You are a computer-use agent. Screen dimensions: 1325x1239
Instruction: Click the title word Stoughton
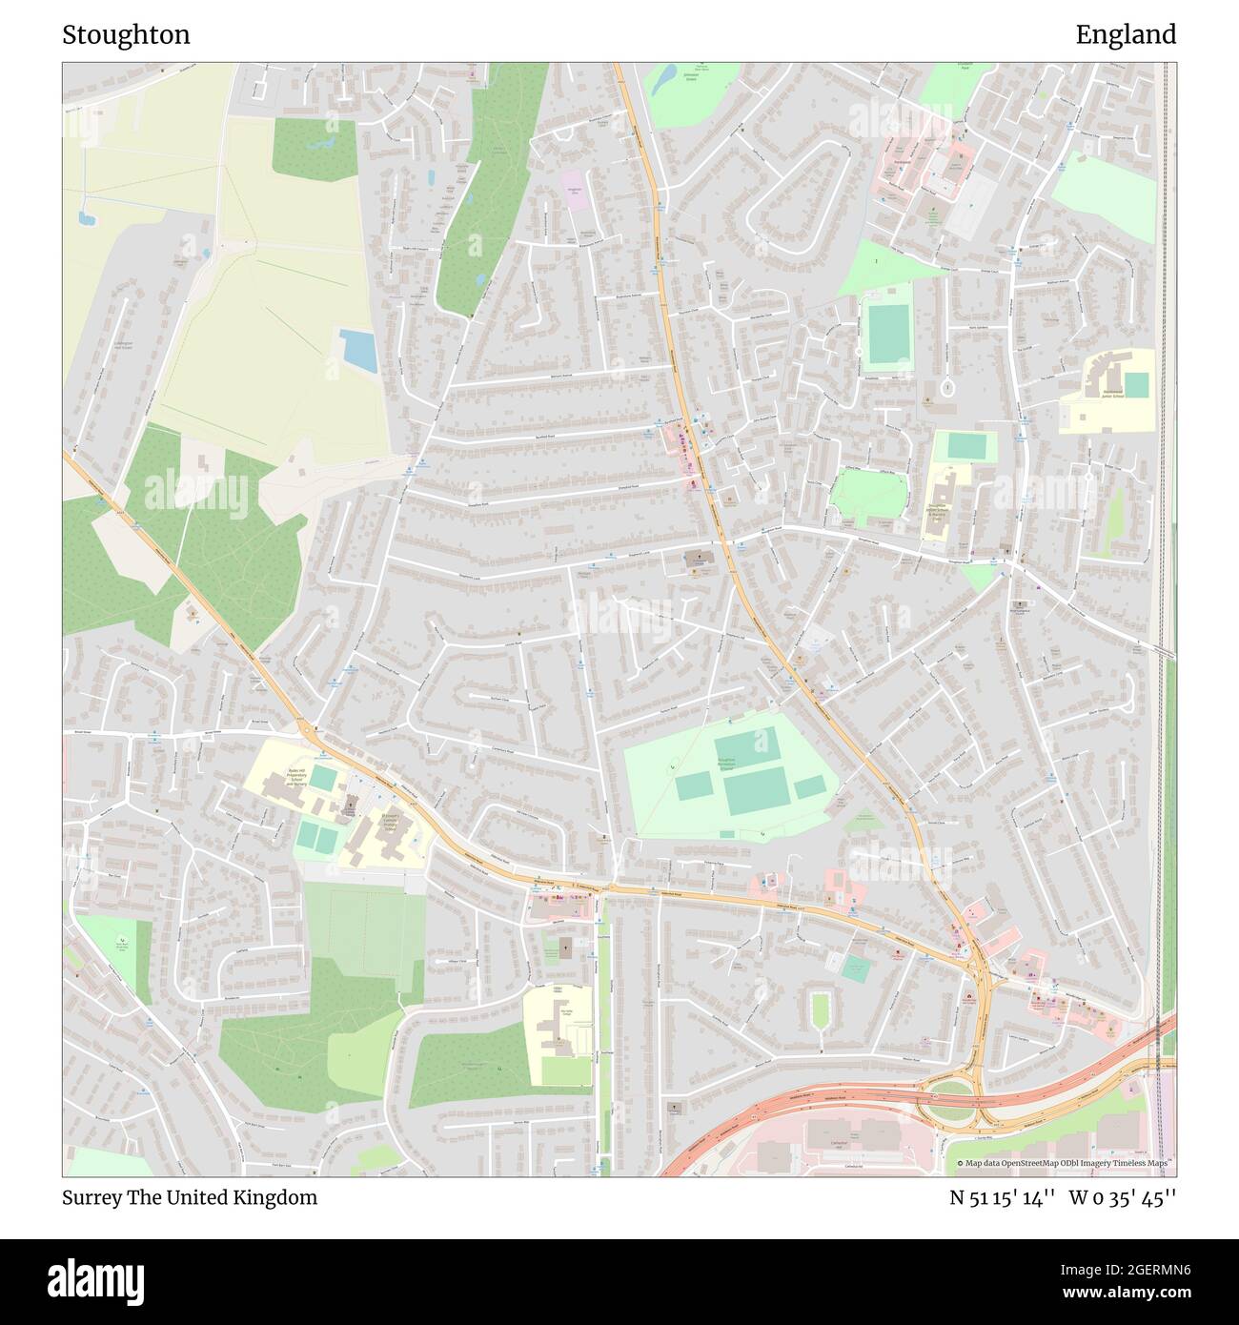pyautogui.click(x=126, y=35)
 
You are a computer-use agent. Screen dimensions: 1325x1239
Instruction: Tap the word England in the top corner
pyautogui.click(x=1126, y=35)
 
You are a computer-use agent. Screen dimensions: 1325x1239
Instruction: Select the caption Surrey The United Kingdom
pyautogui.click(x=190, y=1197)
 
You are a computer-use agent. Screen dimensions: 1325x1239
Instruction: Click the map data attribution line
pyautogui.click(x=1065, y=1163)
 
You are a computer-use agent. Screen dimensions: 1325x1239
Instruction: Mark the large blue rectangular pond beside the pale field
pyautogui.click(x=358, y=350)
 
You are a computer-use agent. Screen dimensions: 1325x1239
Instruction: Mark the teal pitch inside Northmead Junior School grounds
pyautogui.click(x=1136, y=384)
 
